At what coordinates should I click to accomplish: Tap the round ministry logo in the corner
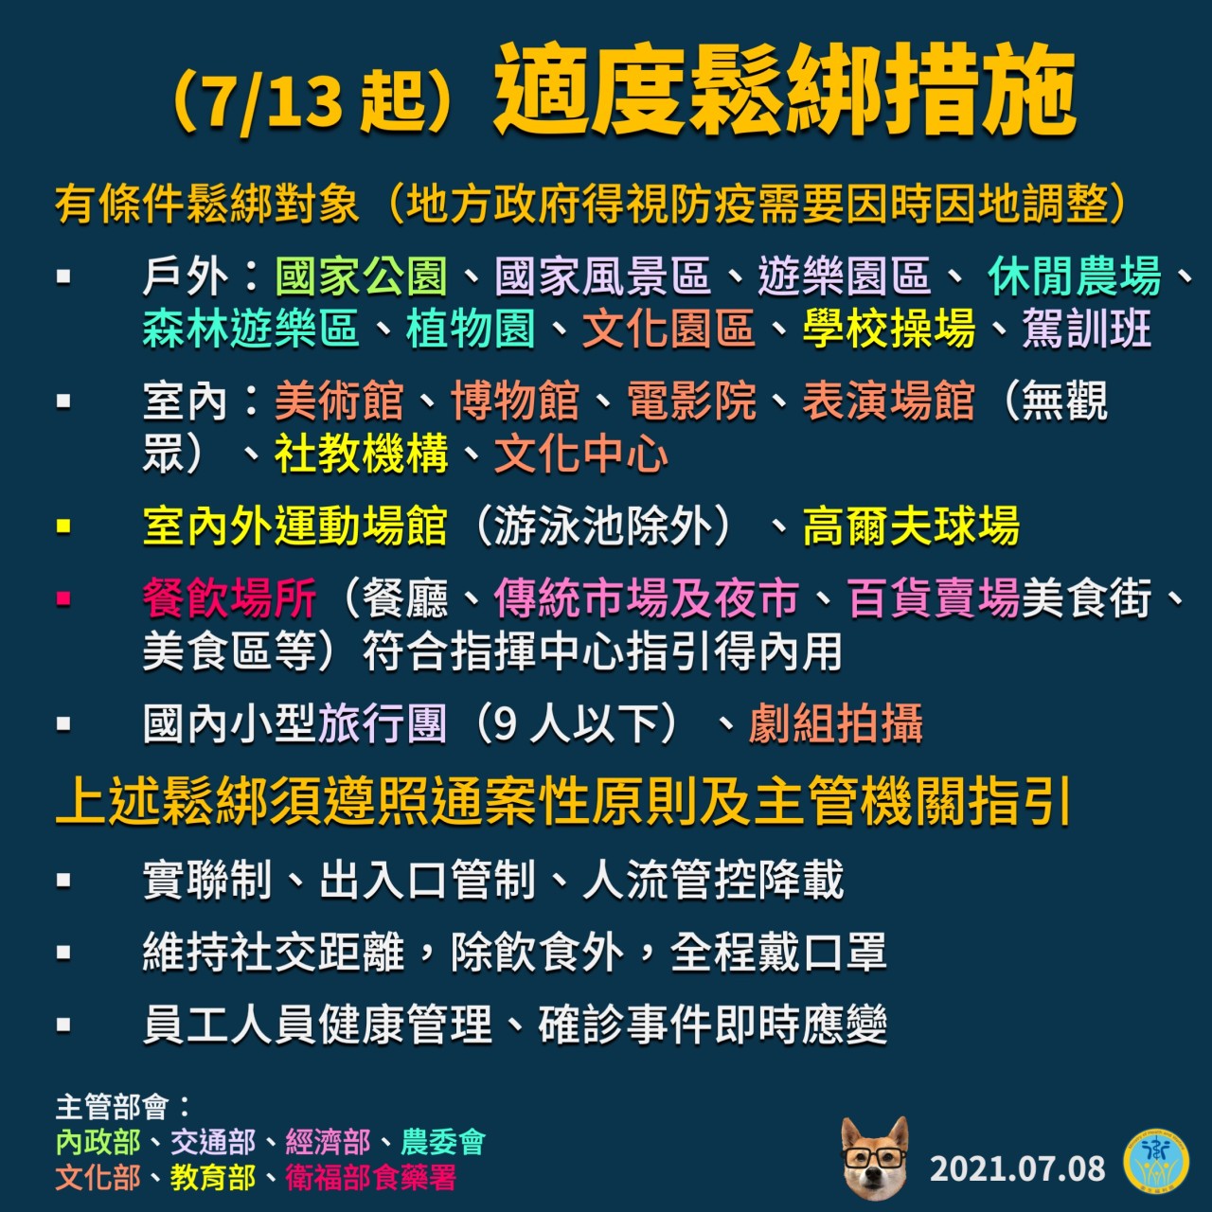[x=1156, y=1167]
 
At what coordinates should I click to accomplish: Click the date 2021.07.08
[x=1017, y=1169]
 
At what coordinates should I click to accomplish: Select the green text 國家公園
[x=361, y=276]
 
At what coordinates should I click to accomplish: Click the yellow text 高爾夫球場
[x=910, y=526]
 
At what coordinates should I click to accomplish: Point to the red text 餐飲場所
[x=229, y=598]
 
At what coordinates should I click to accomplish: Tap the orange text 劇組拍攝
[x=835, y=724]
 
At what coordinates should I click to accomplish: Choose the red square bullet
[x=63, y=598]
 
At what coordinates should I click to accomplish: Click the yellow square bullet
[x=63, y=526]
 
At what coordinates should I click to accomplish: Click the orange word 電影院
[x=691, y=401]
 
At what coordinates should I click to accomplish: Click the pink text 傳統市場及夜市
[x=647, y=598]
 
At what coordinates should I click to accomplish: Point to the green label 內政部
[x=98, y=1143]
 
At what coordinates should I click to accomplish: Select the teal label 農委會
[x=443, y=1143]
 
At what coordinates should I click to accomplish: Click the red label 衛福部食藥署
[x=370, y=1178]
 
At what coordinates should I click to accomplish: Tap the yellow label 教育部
[x=213, y=1178]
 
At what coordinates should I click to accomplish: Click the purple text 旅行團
[x=383, y=724]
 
